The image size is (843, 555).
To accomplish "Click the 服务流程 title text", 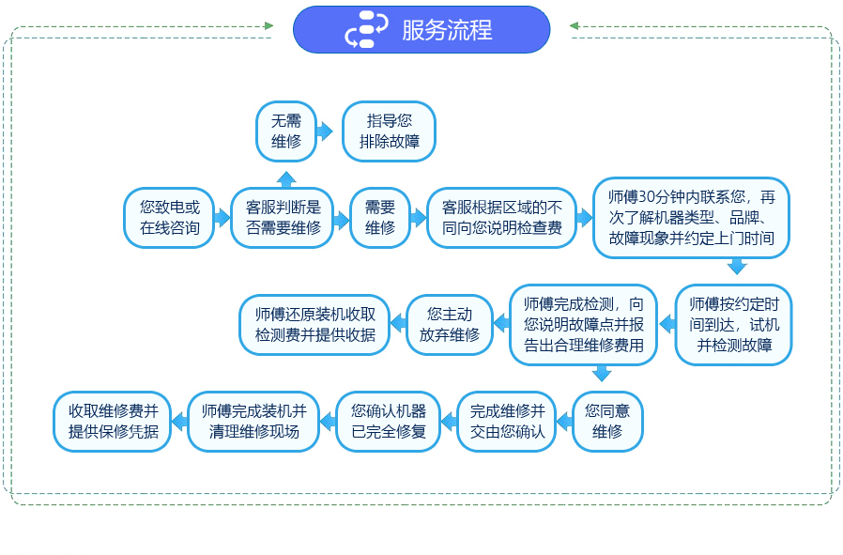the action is click(x=447, y=29).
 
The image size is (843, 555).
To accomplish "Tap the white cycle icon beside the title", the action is click(x=366, y=29).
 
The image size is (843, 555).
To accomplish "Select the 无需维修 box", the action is click(x=286, y=131).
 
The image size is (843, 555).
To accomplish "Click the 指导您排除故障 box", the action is click(x=390, y=131).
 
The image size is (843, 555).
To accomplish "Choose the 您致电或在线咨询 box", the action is click(x=169, y=218).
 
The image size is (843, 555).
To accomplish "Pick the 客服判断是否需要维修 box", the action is click(x=283, y=218).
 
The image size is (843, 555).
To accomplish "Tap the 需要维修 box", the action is click(x=380, y=218).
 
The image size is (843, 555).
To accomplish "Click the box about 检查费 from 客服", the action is click(x=502, y=218).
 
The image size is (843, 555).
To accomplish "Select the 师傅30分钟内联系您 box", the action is click(x=691, y=218).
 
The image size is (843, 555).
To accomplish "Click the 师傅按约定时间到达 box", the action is click(x=734, y=325).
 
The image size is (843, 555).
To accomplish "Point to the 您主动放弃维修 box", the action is click(x=450, y=325).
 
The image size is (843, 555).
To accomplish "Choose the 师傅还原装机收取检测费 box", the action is click(x=315, y=325).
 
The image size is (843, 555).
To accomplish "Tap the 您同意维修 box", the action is click(x=607, y=422).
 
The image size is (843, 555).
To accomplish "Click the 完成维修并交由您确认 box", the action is click(x=507, y=422).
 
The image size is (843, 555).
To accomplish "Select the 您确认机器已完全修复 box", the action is click(x=388, y=422).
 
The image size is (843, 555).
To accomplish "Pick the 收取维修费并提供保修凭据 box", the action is click(x=113, y=422).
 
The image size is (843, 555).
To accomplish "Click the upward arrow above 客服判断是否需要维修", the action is click(x=286, y=179).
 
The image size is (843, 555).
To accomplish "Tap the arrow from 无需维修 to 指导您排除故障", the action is click(x=325, y=131).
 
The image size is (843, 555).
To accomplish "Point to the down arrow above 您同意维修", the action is click(x=602, y=374).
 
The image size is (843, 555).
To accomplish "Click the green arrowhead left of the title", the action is click(x=269, y=25).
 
